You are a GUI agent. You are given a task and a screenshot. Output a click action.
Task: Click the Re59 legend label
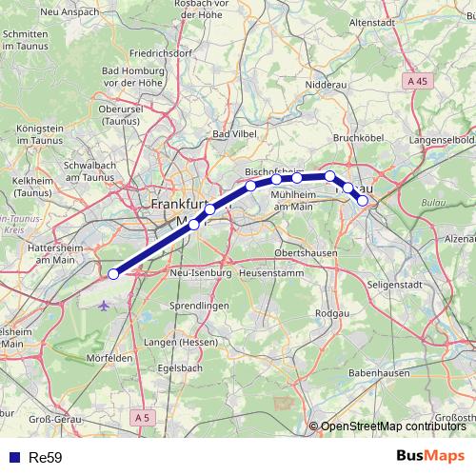click(45, 457)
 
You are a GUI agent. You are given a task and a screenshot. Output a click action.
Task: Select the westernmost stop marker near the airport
click(113, 274)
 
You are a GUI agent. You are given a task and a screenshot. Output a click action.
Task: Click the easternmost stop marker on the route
click(363, 201)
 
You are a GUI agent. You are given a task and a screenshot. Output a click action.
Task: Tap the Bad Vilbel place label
click(234, 134)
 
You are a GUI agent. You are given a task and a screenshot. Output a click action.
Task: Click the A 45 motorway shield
click(416, 82)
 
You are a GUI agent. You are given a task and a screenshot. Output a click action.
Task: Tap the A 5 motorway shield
click(142, 417)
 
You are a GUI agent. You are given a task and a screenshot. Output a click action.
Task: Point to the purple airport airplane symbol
click(103, 306)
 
